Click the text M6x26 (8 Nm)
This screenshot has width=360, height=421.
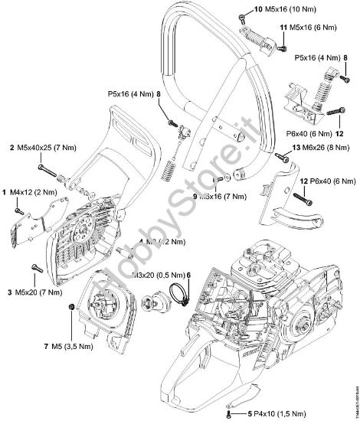[318, 156]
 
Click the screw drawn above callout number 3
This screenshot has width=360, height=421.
[34, 268]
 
